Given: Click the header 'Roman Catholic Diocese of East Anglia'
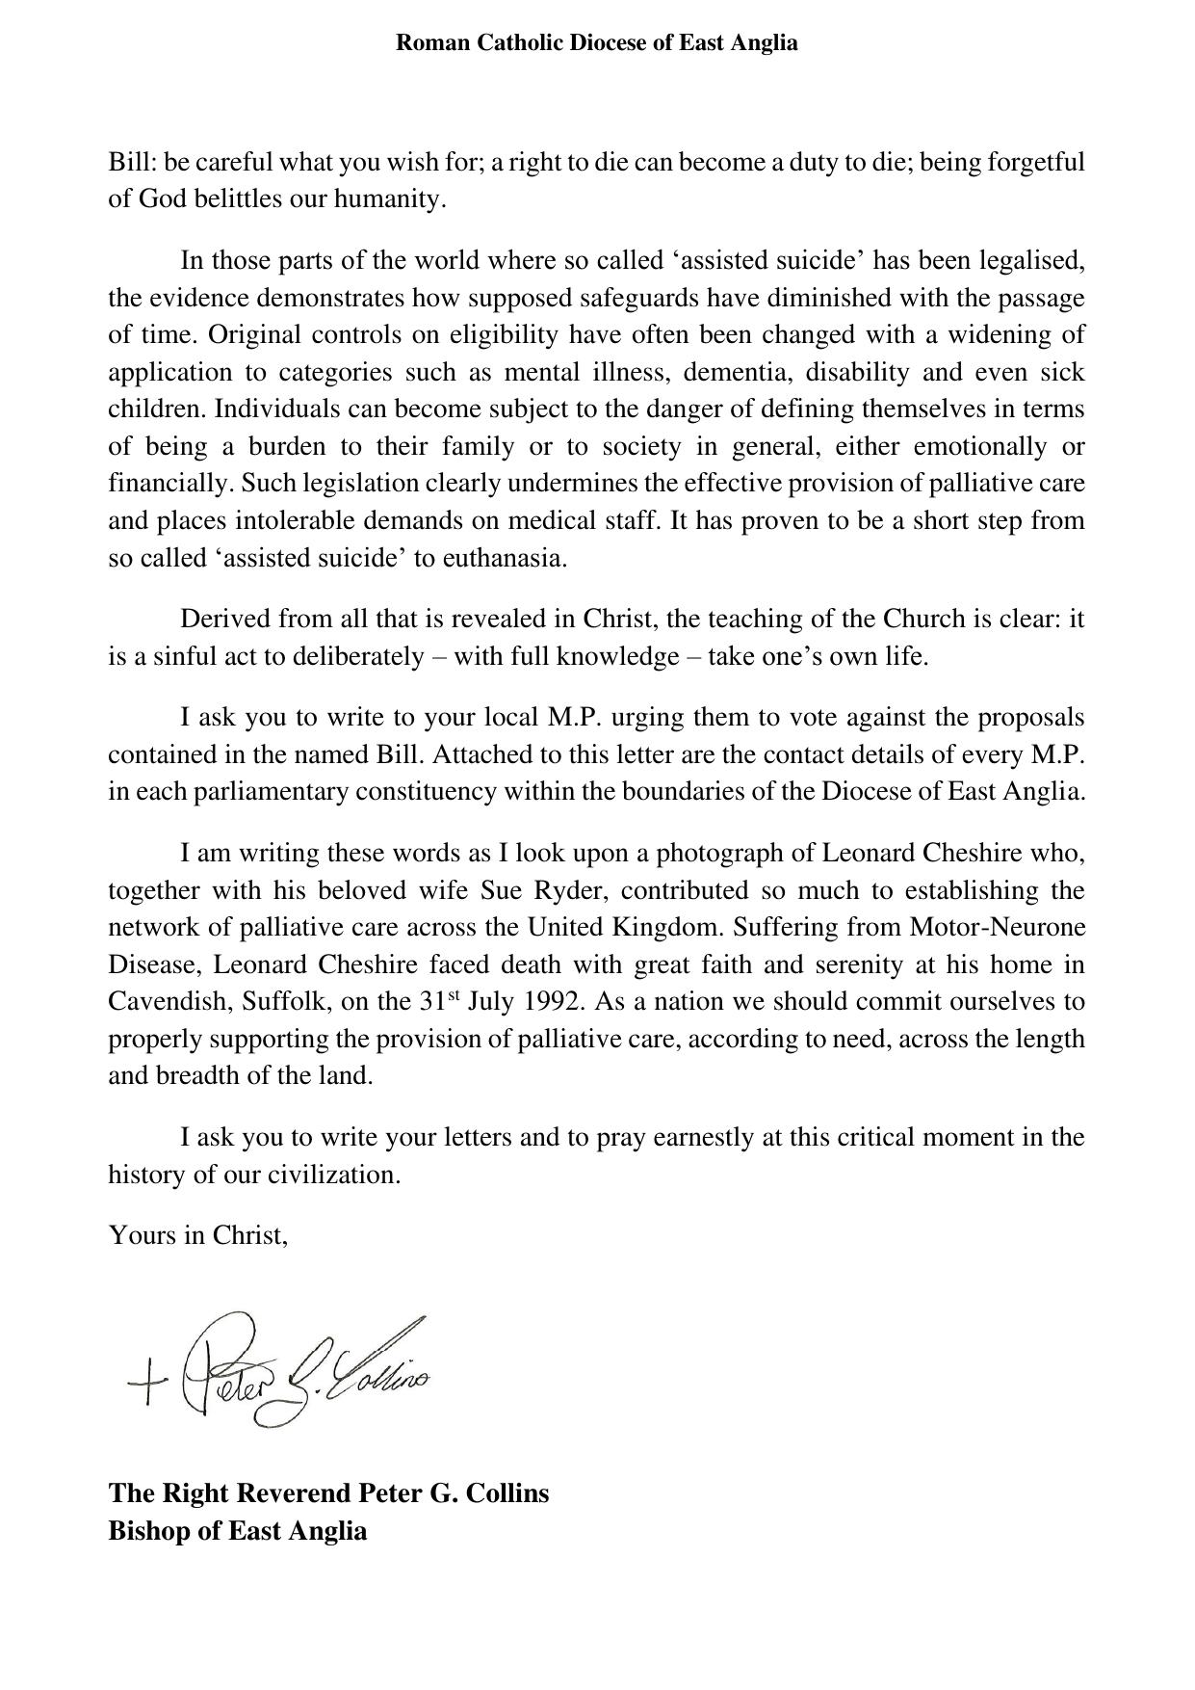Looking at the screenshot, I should coord(597,43).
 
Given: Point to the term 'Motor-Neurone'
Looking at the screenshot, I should coord(998,928).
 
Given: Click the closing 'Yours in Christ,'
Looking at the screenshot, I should coord(198,1236).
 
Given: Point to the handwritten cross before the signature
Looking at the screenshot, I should coord(146,1386).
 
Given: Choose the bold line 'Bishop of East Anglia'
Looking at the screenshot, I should coord(237,1531).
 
